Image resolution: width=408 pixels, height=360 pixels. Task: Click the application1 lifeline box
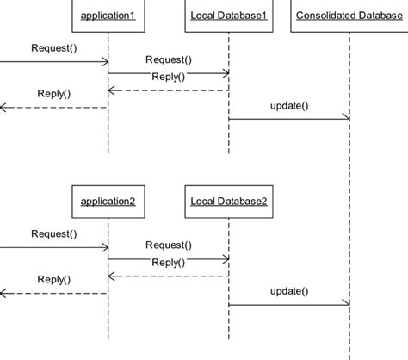(108, 16)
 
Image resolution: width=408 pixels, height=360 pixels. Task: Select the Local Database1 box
(228, 16)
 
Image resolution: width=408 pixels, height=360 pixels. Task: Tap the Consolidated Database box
(349, 16)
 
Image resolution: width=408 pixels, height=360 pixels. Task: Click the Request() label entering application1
(53, 47)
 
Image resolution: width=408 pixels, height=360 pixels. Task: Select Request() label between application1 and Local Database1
(169, 60)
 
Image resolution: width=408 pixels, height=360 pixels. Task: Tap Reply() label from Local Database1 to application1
(169, 77)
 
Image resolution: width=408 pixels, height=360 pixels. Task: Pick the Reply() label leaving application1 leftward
(53, 94)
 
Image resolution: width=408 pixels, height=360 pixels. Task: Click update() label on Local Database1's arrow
(289, 106)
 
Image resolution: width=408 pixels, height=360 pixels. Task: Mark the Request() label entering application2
(53, 233)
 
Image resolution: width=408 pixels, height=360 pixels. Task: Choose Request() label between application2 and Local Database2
(169, 245)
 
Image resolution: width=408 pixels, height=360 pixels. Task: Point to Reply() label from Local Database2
(169, 262)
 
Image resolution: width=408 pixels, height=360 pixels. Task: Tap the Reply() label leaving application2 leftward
(53, 279)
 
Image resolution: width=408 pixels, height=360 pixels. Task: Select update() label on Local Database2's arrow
(289, 291)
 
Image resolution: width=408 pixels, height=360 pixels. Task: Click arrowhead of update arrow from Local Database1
(345, 119)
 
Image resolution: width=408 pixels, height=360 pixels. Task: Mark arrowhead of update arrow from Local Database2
(345, 304)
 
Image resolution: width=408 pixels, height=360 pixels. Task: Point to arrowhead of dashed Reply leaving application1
(3, 107)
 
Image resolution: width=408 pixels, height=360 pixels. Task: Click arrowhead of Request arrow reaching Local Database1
(225, 73)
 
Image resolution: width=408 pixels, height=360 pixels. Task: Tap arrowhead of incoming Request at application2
(104, 246)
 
